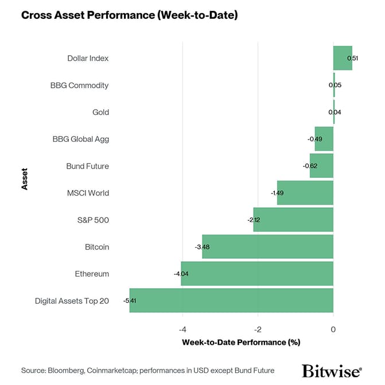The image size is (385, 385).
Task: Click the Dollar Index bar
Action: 343,58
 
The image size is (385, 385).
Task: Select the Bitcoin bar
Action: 267,247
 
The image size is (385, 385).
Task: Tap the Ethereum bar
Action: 257,274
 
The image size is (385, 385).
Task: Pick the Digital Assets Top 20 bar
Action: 231,301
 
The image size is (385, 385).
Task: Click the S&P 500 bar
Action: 293,220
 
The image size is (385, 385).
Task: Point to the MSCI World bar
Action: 305,193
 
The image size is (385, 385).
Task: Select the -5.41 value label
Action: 129,301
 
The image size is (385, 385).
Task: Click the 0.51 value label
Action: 353,58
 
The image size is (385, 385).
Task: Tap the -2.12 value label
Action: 254,220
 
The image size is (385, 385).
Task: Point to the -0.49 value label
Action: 314,139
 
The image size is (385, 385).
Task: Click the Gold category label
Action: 100,112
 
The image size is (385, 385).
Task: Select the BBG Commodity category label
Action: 79,85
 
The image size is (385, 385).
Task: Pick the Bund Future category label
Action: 87,166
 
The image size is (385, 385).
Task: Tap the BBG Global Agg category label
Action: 80,139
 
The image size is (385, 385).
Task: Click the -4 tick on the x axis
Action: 182,329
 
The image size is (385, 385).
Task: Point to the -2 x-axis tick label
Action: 258,329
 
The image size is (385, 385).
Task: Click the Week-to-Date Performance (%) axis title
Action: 242,343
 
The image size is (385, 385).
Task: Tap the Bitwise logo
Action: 332,370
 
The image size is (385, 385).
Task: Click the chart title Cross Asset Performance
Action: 129,15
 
